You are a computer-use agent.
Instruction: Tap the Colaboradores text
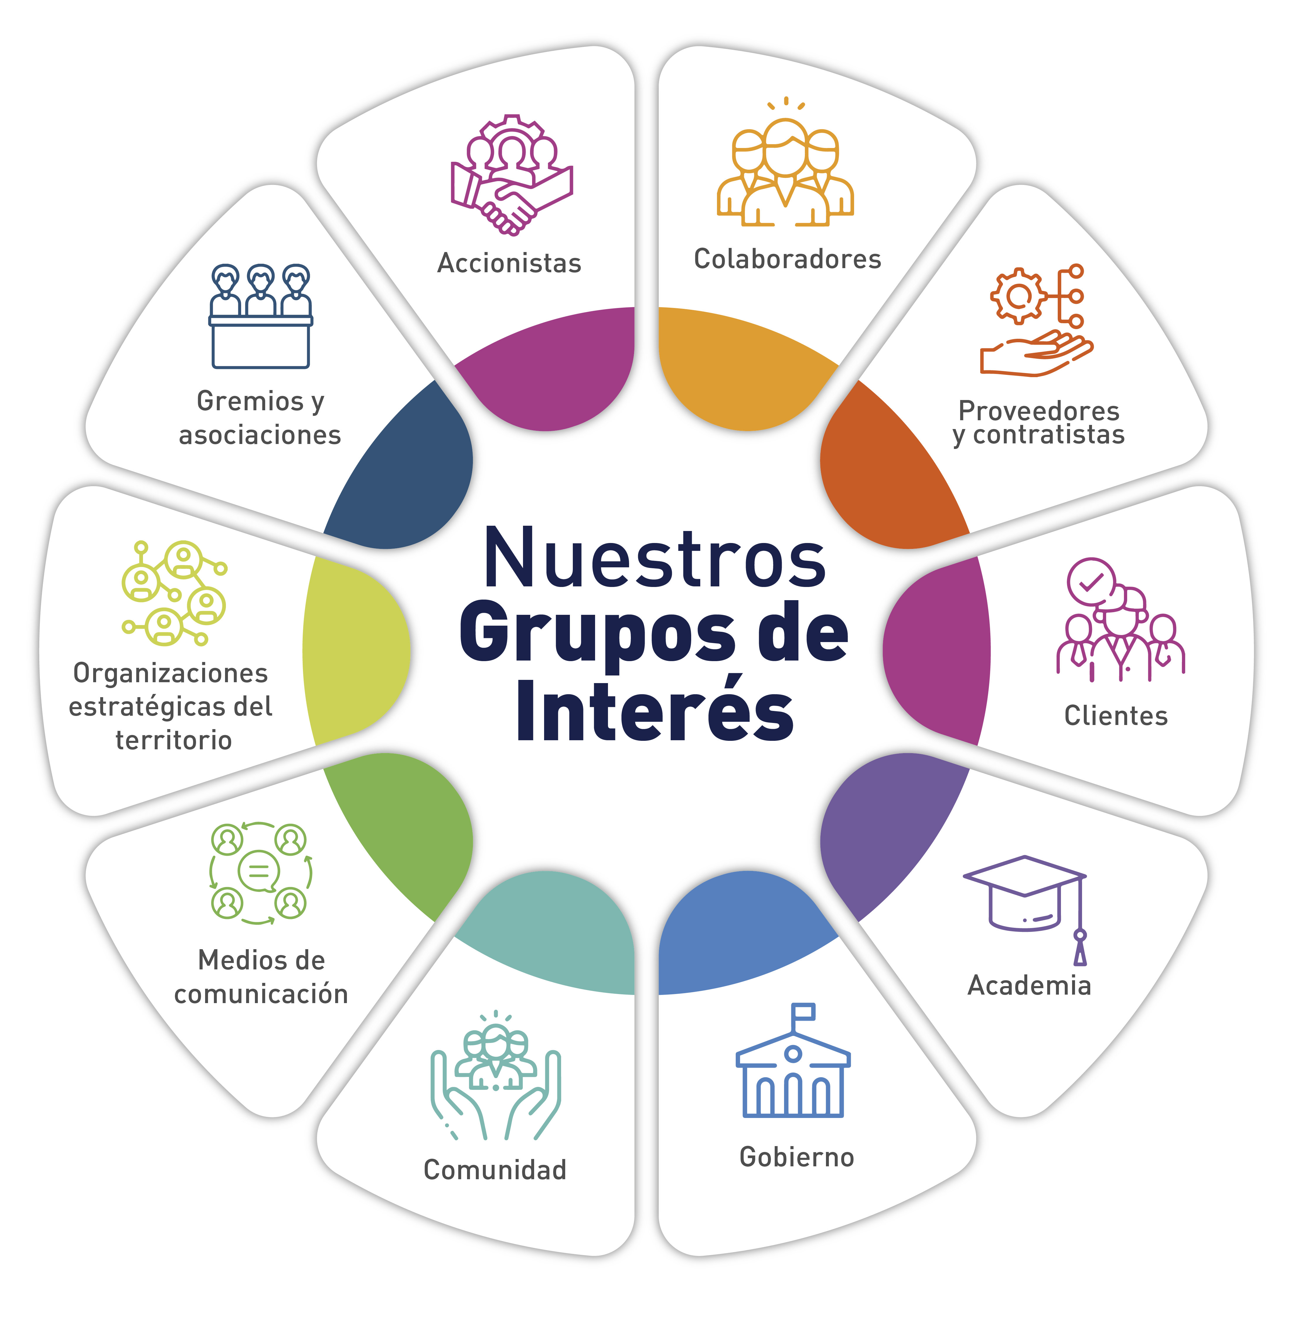coord(787,259)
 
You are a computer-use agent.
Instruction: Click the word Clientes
coord(1116,716)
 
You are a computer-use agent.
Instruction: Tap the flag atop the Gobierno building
coord(804,1011)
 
